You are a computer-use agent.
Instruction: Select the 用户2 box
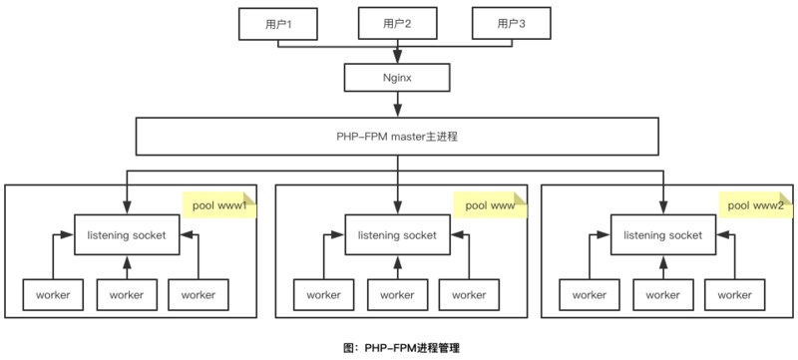[x=396, y=23]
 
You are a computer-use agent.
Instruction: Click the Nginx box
[x=397, y=76]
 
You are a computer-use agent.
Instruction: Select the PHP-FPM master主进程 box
[x=397, y=136]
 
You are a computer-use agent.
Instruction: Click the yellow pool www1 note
[x=219, y=204]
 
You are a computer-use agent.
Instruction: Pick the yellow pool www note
[x=490, y=204]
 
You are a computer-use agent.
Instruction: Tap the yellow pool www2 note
[x=756, y=204]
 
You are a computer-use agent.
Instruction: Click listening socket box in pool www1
[x=127, y=235]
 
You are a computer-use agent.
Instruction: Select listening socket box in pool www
[x=396, y=235]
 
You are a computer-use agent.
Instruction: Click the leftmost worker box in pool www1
[x=53, y=294]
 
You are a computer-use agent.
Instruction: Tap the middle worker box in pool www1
[x=127, y=294]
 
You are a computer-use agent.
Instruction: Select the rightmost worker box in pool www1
[x=199, y=294]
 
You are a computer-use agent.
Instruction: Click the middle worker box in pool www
[x=396, y=294]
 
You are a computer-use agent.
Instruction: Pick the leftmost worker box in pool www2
[x=589, y=294]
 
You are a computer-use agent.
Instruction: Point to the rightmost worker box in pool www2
[x=735, y=294]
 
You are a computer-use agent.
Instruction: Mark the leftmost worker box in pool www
[x=323, y=294]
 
